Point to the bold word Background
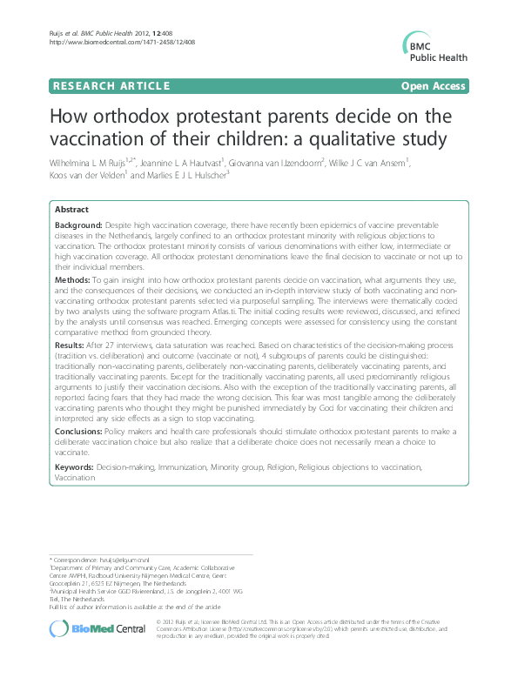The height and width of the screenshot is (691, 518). (77, 225)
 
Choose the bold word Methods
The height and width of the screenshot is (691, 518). (71, 282)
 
